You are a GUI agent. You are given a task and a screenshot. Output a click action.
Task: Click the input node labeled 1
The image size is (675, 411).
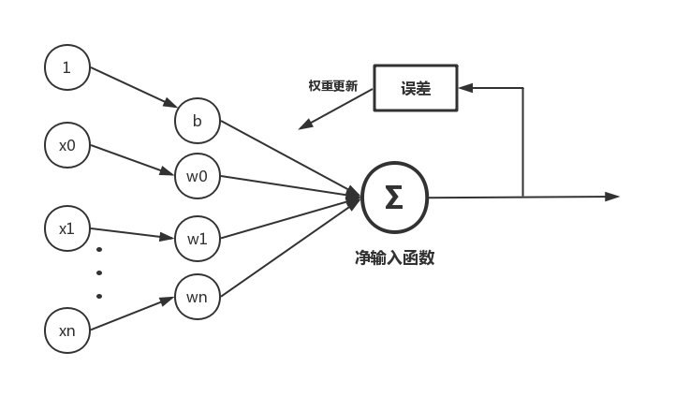(66, 67)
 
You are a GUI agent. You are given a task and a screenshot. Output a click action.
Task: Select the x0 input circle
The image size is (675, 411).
(66, 145)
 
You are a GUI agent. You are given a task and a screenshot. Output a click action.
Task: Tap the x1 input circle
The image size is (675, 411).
(66, 228)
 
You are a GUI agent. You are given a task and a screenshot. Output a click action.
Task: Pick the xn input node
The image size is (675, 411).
(66, 330)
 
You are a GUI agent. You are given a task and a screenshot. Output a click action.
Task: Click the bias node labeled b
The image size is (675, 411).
(197, 120)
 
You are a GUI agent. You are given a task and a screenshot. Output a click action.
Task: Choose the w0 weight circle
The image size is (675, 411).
(197, 175)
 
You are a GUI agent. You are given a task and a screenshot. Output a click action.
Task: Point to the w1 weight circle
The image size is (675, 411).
(197, 238)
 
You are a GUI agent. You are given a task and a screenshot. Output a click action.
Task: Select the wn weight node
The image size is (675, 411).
(197, 297)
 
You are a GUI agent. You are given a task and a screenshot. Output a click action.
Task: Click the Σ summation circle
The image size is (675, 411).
(394, 198)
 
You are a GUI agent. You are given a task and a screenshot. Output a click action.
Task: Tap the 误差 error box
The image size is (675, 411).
(416, 87)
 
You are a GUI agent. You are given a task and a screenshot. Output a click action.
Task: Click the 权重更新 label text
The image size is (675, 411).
(332, 86)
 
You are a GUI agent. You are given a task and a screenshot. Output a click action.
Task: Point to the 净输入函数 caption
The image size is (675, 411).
(394, 257)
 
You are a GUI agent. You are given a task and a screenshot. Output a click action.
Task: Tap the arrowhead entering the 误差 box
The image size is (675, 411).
(465, 87)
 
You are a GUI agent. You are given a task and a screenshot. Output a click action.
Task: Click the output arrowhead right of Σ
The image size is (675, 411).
(613, 197)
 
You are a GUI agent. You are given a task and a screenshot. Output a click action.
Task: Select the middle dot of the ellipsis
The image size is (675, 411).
(99, 272)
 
